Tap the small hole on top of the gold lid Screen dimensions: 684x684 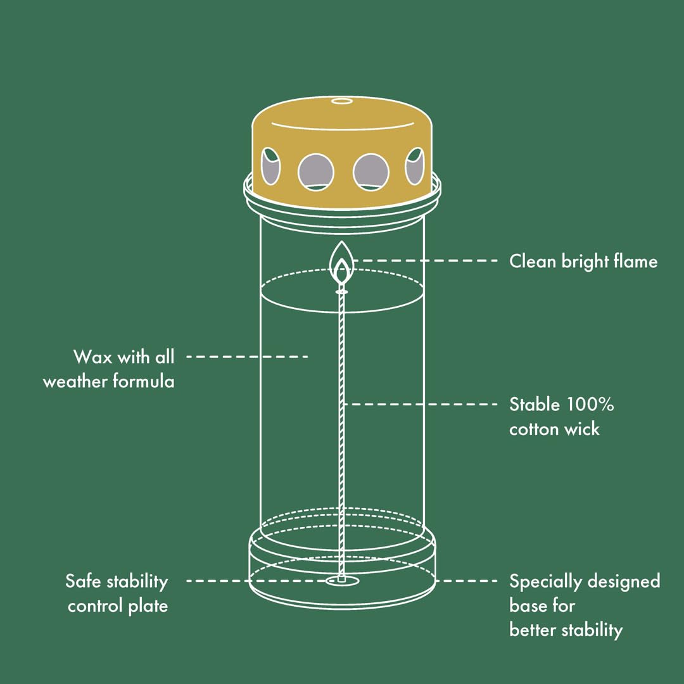click(341, 101)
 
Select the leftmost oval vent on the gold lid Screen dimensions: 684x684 click(270, 166)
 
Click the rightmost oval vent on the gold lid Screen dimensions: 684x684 click(414, 166)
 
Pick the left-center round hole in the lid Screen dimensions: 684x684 click(316, 172)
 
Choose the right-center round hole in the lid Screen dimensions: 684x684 click(370, 172)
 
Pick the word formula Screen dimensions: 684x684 click(144, 381)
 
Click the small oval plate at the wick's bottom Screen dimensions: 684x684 click(341, 581)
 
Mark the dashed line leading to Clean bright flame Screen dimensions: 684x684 click(426, 260)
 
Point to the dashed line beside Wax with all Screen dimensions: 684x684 click(248, 357)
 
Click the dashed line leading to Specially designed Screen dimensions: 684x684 click(467, 581)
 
